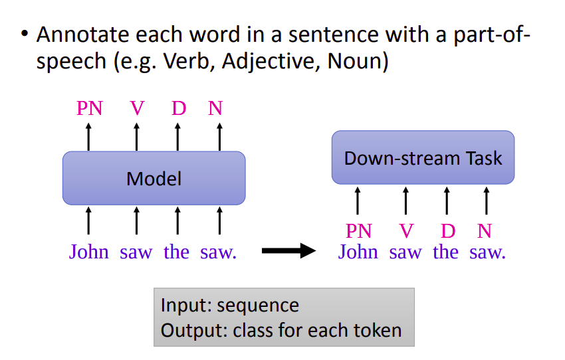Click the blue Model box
pos(154,178)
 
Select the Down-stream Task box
pos(423,157)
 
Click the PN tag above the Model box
pos(90,108)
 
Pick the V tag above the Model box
pos(137,108)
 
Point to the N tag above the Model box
pos(215,108)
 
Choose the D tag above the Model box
pos(178,108)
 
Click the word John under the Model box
pos(89,252)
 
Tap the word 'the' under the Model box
pos(176,252)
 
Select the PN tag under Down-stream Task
pos(359,231)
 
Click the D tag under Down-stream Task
pos(448,231)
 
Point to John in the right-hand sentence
pos(358,252)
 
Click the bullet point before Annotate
pos(24,35)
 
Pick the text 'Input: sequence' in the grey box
pos(230,306)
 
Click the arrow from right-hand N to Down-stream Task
pos(487,201)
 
